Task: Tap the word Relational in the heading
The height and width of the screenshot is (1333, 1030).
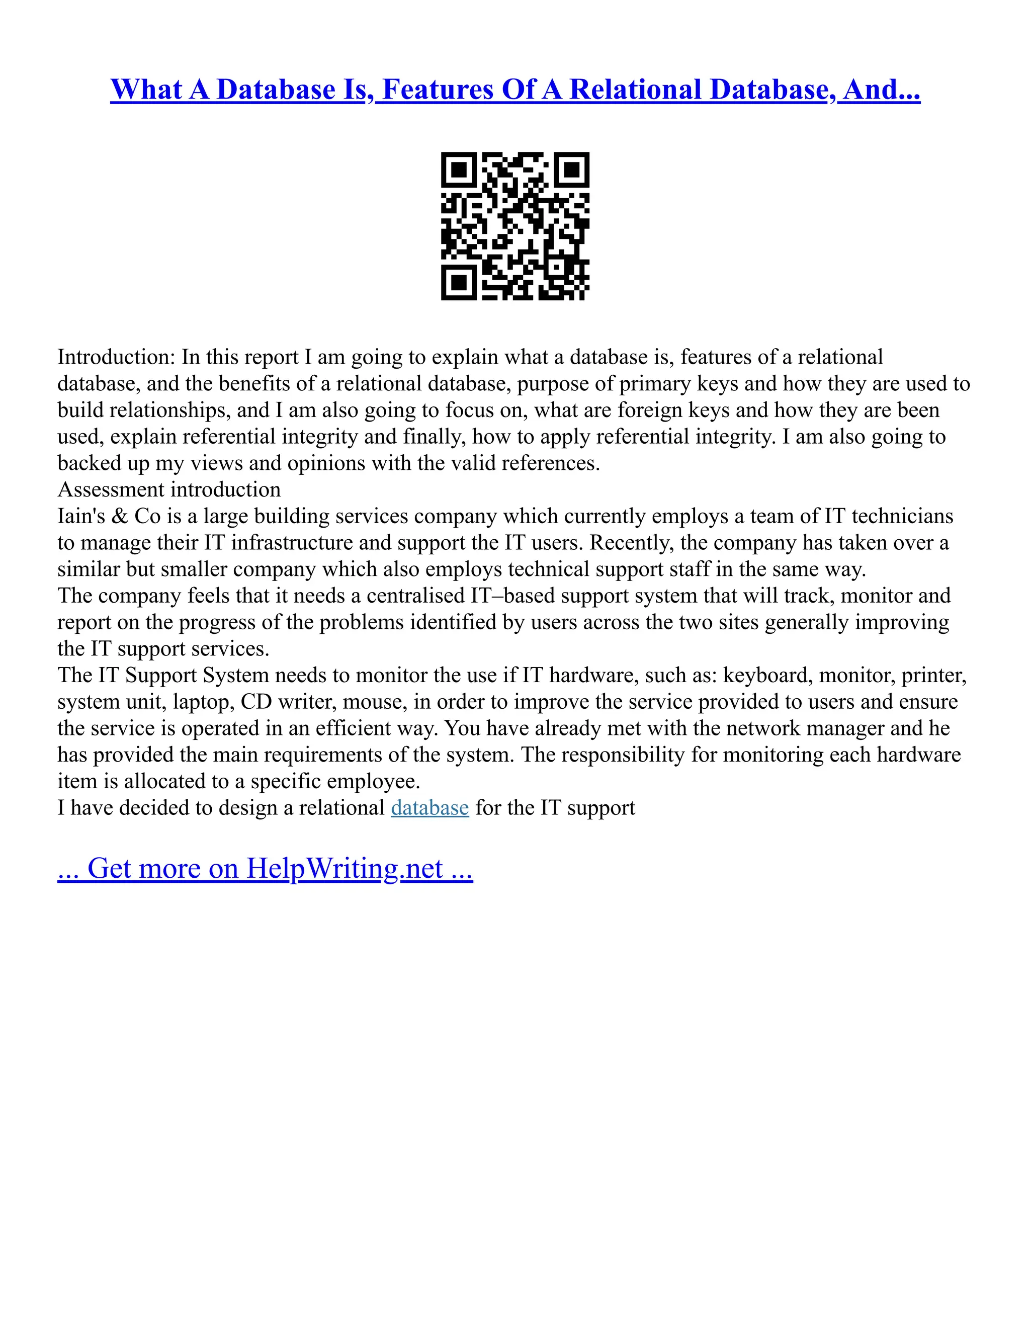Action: click(x=635, y=90)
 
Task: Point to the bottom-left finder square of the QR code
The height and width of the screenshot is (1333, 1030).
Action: click(x=459, y=282)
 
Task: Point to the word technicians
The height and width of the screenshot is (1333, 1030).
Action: click(x=902, y=517)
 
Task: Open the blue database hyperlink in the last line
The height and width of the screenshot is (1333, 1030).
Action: click(x=430, y=808)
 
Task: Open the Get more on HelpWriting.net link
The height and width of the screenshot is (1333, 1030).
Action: click(x=265, y=869)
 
